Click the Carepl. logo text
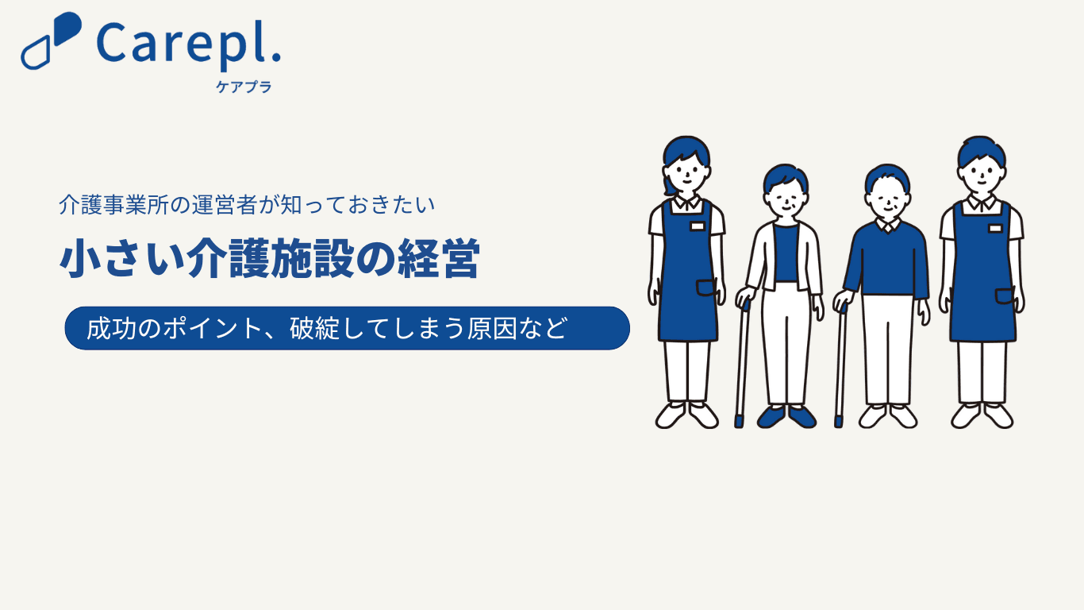(x=189, y=45)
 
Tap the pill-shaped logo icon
(x=51, y=41)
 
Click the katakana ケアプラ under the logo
(x=244, y=87)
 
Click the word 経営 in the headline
(x=438, y=258)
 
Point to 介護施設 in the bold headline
(x=271, y=258)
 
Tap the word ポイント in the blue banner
(x=212, y=329)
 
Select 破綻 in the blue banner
(x=314, y=329)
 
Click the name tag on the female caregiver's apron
(x=697, y=226)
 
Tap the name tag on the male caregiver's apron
(x=995, y=228)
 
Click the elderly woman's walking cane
(x=742, y=364)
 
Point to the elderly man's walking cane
(x=840, y=366)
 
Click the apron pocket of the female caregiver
(x=706, y=288)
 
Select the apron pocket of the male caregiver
(x=1004, y=296)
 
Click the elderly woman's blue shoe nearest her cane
(x=771, y=417)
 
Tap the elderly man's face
(x=887, y=199)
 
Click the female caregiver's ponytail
(x=669, y=186)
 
